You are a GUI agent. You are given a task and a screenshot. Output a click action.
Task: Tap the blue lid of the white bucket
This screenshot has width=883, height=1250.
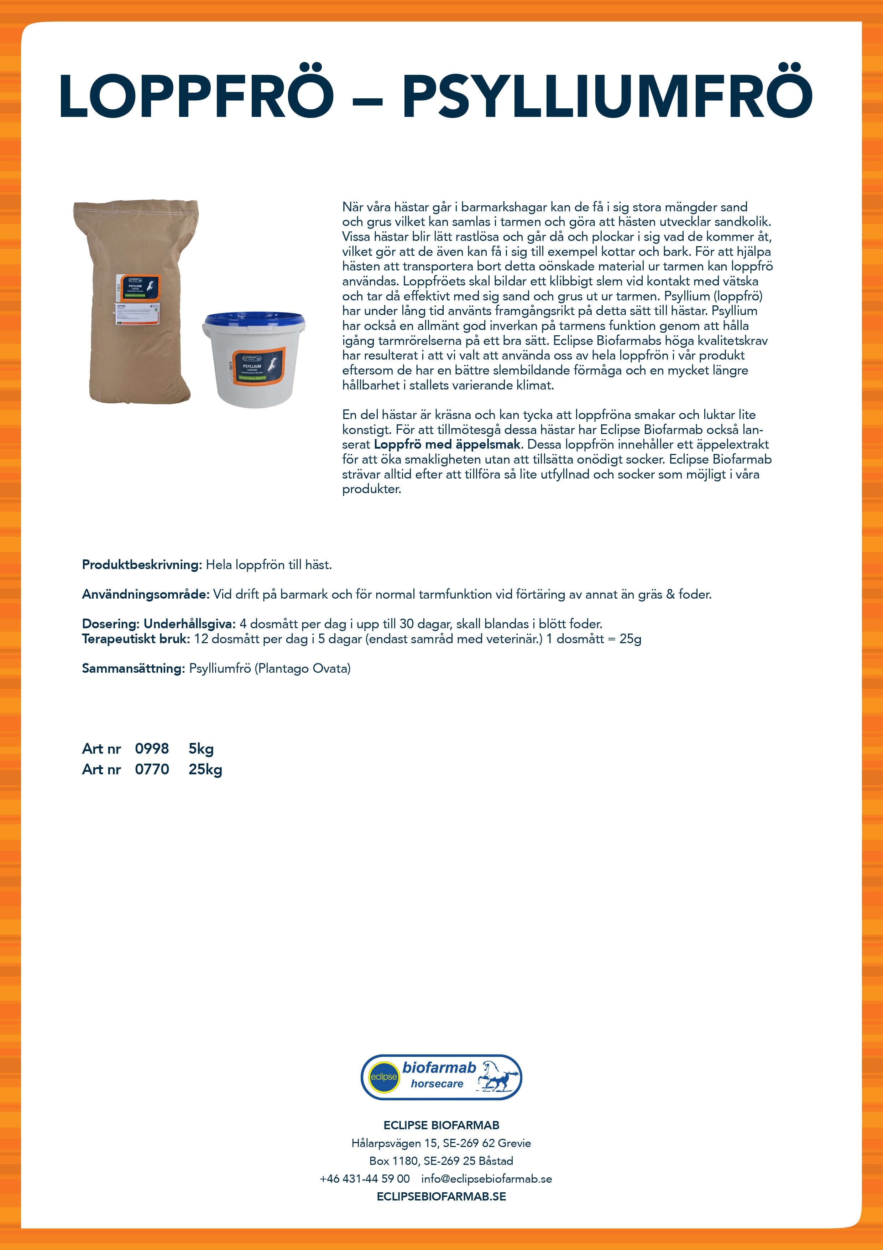[254, 322]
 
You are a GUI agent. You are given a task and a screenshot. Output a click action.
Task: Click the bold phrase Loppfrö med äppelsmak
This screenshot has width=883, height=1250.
[447, 444]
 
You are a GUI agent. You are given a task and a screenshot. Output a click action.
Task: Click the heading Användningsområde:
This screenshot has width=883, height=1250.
[145, 594]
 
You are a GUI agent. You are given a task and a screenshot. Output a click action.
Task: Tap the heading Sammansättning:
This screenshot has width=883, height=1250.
[133, 668]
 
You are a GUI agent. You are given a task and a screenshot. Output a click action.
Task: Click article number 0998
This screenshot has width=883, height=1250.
[152, 749]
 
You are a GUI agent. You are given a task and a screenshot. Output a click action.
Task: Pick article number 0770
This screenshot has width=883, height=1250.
[152, 769]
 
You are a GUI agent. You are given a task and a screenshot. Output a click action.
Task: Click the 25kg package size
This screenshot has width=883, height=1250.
[205, 769]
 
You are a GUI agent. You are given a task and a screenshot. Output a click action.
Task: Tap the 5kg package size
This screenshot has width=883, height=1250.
[201, 749]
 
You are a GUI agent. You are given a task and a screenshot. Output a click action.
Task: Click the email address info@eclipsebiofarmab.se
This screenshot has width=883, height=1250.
[486, 1179]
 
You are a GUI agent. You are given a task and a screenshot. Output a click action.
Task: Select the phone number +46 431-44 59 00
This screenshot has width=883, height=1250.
[365, 1179]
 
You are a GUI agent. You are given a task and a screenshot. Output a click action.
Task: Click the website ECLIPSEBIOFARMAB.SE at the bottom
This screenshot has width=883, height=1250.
[441, 1196]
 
